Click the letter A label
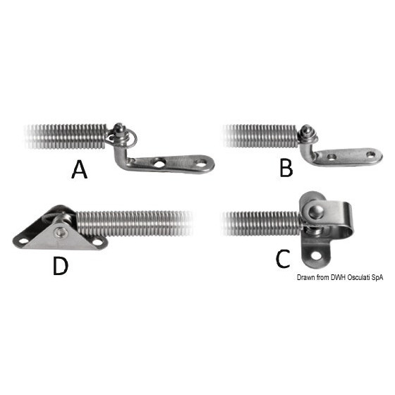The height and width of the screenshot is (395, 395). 79,170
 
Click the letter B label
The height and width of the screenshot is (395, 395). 286,168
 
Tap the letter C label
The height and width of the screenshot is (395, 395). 283,259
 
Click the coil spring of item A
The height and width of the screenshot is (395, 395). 66,136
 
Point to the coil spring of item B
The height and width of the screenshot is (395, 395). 261,135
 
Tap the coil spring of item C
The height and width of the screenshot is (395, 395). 261,224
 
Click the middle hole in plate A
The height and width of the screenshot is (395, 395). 159,164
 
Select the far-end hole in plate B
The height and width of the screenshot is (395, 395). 371,154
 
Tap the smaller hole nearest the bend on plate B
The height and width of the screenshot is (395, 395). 332,157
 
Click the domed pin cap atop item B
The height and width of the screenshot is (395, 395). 305,130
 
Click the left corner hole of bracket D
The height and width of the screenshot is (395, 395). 24,241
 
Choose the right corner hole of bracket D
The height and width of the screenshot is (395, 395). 97,242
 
